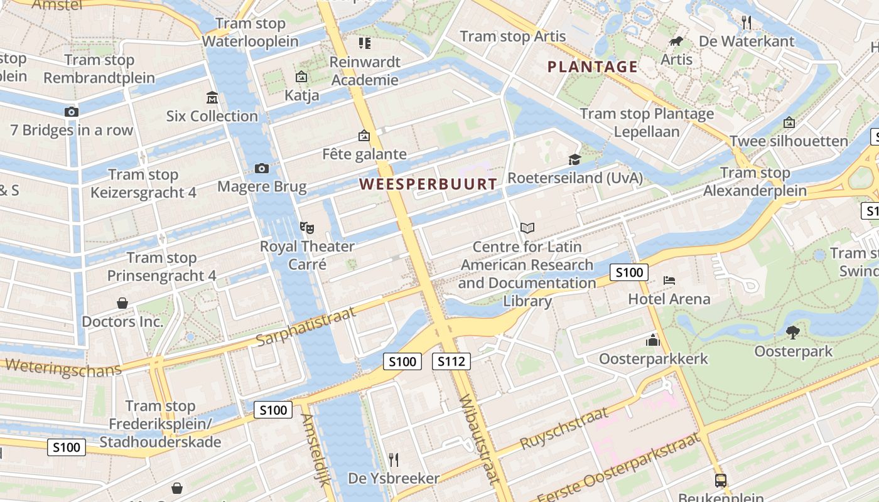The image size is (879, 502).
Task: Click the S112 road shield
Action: point(451,361)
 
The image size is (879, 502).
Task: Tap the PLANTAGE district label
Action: point(592,67)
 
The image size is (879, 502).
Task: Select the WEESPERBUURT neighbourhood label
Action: point(428,184)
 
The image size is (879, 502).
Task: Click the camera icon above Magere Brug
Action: point(262,168)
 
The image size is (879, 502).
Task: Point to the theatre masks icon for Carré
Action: point(306,227)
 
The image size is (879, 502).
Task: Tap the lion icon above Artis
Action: point(676,41)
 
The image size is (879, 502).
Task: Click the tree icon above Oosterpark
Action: point(793,333)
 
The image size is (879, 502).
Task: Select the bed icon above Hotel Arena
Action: point(669,280)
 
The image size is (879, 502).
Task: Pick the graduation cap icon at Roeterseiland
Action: point(574,159)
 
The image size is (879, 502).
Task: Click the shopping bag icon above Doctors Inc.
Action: point(122,303)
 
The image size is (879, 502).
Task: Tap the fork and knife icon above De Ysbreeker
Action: point(394,460)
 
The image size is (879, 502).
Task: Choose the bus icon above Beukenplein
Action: point(721,481)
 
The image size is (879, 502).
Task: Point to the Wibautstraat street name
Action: point(480,439)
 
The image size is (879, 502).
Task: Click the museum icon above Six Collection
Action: point(212,98)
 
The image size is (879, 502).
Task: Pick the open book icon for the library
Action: point(527,228)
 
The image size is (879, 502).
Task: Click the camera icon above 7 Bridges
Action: point(72,112)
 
